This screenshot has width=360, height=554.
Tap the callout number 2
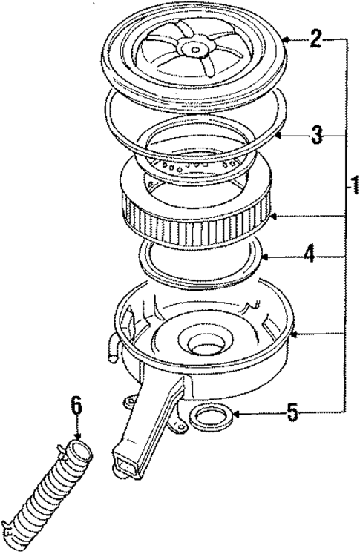click(315, 39)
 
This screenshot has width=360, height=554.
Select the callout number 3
click(315, 136)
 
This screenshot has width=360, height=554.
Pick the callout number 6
click(76, 406)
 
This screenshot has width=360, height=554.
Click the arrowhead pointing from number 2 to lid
click(286, 39)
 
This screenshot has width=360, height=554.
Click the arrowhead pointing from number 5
click(232, 413)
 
